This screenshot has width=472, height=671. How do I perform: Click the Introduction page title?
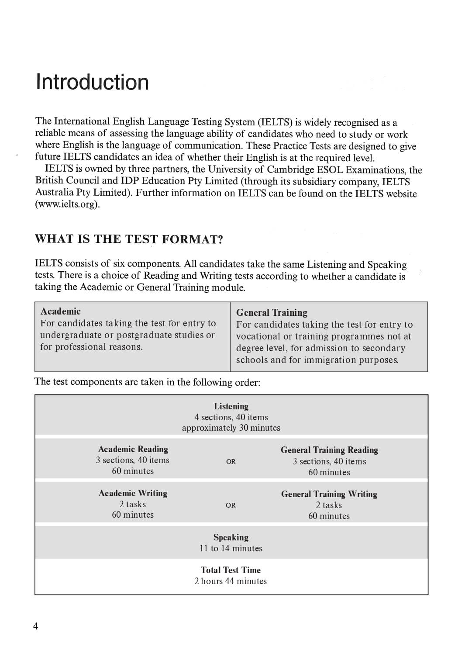click(92, 82)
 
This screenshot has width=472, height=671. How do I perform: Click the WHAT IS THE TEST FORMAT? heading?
click(129, 239)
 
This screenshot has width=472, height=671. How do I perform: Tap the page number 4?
click(35, 626)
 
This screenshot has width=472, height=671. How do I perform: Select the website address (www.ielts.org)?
click(67, 204)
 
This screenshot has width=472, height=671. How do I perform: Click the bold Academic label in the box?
click(60, 311)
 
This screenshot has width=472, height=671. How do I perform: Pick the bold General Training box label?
click(272, 312)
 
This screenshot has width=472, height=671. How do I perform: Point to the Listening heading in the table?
click(231, 406)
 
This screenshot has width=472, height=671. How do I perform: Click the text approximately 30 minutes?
click(231, 428)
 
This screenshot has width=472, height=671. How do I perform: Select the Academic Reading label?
click(133, 449)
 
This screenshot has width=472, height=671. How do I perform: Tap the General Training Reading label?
click(329, 450)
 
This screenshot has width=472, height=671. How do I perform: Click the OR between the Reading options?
click(231, 461)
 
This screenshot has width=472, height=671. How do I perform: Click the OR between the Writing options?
click(231, 505)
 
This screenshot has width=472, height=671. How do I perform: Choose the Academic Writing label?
click(133, 493)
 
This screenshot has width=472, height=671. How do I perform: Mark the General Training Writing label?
click(329, 494)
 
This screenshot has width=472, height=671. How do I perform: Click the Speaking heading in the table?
click(231, 537)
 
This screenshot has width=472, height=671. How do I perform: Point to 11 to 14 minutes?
click(231, 548)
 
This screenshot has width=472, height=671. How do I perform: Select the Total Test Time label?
click(231, 570)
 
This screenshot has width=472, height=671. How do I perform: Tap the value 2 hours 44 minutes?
click(231, 581)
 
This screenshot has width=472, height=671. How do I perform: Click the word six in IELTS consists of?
click(118, 263)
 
